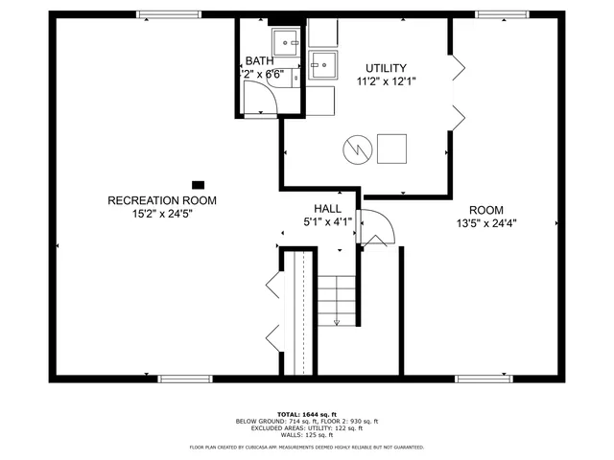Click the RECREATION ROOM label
pyautogui.click(x=161, y=200)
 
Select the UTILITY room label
pyautogui.click(x=385, y=68)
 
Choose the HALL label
pyautogui.click(x=327, y=208)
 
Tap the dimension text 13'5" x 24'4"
pyautogui.click(x=486, y=223)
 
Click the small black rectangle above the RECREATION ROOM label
pyautogui.click(x=199, y=184)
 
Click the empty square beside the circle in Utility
pyautogui.click(x=391, y=149)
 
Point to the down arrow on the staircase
pyautogui.click(x=337, y=321)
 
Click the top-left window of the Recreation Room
pyautogui.click(x=169, y=14)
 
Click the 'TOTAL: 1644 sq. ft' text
pyautogui.click(x=307, y=413)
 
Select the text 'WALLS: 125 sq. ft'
pyautogui.click(x=307, y=436)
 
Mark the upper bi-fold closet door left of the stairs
pyautogui.click(x=272, y=285)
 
